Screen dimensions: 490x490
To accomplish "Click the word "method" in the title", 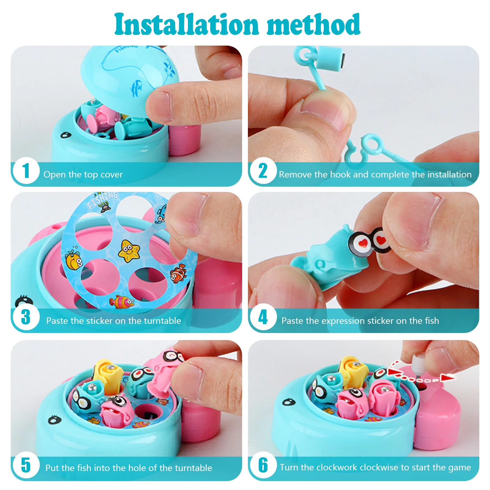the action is point(314,24).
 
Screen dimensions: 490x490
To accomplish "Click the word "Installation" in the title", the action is point(187,24).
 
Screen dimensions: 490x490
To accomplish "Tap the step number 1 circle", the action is point(26,170).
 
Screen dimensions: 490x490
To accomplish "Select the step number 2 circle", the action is point(263,170).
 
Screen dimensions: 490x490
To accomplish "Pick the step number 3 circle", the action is point(26,317).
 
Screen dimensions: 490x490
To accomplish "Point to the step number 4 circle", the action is point(263,317).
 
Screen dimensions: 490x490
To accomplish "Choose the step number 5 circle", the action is point(26,465).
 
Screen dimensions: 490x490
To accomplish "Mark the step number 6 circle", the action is point(263,465).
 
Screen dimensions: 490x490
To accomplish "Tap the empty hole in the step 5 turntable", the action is point(147,412).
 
